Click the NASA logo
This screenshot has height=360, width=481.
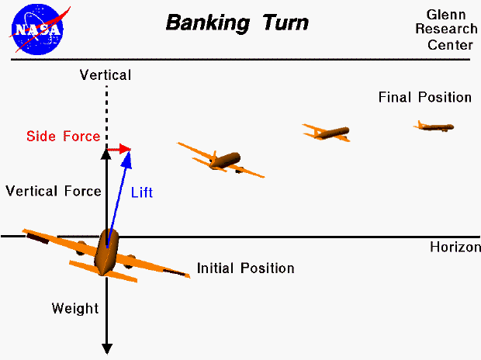36,27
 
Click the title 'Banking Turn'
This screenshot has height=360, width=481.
237,22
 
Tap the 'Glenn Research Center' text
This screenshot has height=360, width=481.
449,29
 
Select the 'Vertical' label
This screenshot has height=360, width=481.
106,75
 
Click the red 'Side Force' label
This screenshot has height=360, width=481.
63,137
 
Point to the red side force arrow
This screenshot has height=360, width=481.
119,148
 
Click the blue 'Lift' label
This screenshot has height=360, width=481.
141,192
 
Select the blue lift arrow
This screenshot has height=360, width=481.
119,194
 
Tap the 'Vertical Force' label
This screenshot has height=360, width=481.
53,191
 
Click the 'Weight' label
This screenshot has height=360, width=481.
75,309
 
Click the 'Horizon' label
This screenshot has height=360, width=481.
455,247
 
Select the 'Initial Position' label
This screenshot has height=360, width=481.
245,268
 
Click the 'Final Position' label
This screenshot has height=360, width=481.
424,97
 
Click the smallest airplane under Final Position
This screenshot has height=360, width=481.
434,126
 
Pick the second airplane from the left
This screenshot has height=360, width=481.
222,161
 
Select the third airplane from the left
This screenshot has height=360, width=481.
327,132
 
